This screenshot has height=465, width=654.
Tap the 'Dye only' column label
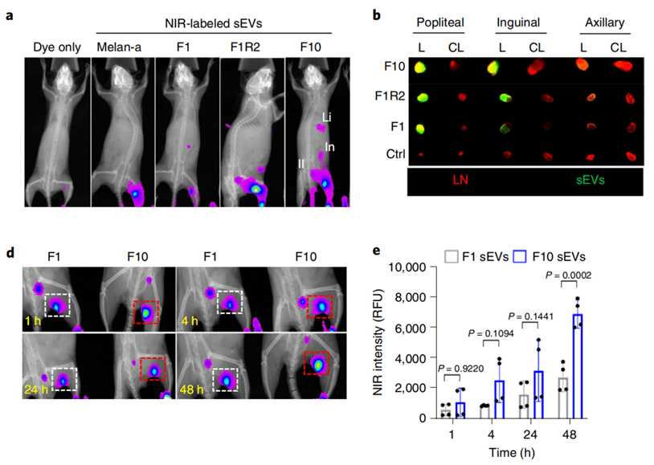[57, 47]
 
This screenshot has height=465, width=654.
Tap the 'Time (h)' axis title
[509, 451]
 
